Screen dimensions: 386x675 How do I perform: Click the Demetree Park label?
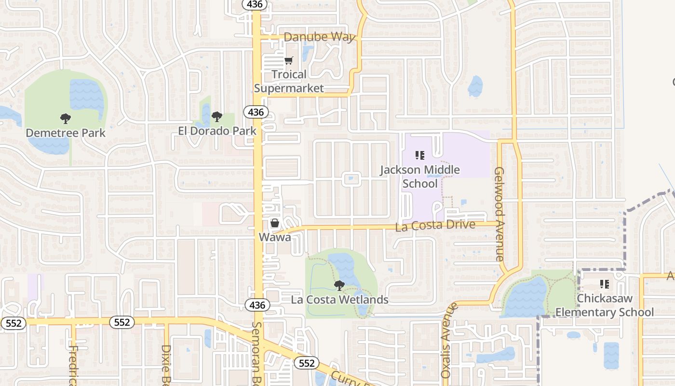[x=66, y=133]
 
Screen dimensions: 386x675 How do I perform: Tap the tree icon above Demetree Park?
[x=65, y=118]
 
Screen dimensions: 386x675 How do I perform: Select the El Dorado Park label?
[x=217, y=131]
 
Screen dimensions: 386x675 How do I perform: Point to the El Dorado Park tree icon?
[x=217, y=116]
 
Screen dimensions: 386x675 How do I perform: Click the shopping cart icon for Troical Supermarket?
[x=288, y=60]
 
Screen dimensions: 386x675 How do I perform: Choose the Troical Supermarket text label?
[x=289, y=81]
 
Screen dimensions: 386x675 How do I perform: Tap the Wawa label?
[x=275, y=237]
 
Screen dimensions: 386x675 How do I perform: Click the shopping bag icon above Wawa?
[x=275, y=223]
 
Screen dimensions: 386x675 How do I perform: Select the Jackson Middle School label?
[x=419, y=177]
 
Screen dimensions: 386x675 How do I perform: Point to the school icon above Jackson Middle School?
[x=420, y=155]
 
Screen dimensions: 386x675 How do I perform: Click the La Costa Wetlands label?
[x=339, y=300]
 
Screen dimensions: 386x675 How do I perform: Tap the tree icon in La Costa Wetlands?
[x=339, y=285]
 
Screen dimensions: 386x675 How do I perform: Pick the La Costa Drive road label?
[x=435, y=225]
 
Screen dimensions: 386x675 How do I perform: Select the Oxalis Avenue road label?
[x=447, y=341]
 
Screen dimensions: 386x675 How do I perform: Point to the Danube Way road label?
[x=319, y=37]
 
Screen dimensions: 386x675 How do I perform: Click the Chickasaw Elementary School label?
[x=605, y=305]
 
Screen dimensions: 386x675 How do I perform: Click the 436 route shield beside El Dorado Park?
[x=256, y=112]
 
